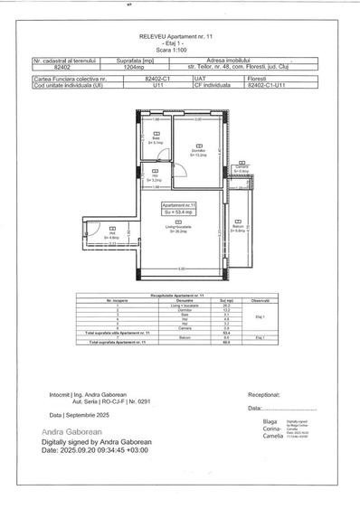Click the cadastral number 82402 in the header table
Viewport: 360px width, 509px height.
62,66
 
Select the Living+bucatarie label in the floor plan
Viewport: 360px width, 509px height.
177,231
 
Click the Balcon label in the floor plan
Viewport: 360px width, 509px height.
238,227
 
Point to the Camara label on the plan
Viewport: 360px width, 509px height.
242,169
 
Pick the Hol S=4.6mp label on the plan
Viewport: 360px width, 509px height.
113,236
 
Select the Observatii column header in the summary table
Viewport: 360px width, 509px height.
260,300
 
